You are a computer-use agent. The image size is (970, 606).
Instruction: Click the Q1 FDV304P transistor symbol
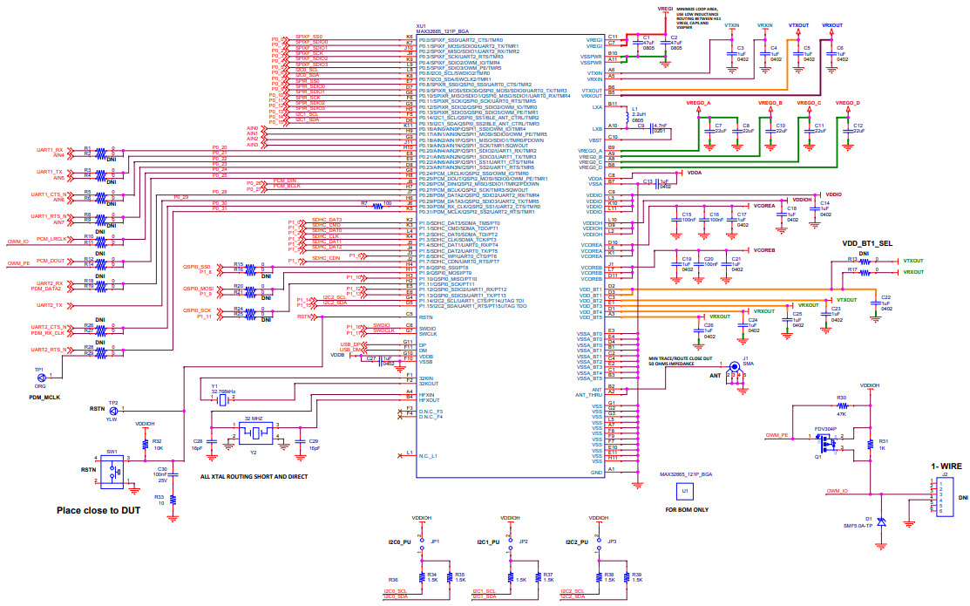825,445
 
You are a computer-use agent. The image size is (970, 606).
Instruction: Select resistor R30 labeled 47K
842,405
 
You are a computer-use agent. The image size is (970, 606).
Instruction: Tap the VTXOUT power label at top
798,26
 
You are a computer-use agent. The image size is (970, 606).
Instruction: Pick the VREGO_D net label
847,103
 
